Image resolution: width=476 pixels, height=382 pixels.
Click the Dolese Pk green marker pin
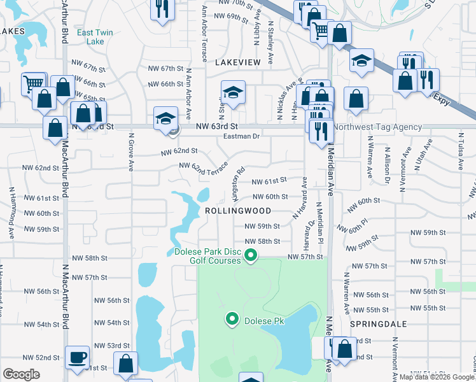coord(232,318)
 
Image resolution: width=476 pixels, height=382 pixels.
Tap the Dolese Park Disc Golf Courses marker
coord(251,256)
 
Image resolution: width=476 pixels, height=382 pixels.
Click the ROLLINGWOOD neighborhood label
coord(238,211)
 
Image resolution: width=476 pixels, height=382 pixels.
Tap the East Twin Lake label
coord(90,37)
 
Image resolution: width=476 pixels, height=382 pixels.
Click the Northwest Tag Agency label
coord(378,127)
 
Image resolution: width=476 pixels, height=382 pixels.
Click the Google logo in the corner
coord(21,374)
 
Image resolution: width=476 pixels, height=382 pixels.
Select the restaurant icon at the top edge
coord(161,9)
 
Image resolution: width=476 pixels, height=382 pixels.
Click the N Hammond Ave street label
coord(12,213)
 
